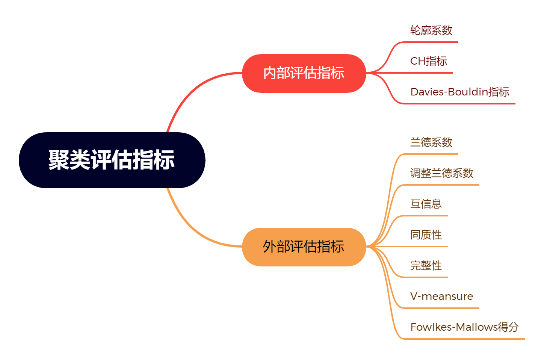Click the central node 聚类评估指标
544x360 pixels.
pos(112,160)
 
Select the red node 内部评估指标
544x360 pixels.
pos(304,73)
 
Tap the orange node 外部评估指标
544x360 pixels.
pos(304,247)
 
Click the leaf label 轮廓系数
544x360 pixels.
pos(431,30)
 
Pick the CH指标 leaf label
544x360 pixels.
pos(428,61)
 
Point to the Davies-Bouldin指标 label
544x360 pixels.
pos(459,92)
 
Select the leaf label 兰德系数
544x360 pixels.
pos(431,142)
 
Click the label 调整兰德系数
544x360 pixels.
pos(441,173)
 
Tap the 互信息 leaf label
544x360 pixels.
pos(426,204)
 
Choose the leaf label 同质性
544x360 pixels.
pos(426,235)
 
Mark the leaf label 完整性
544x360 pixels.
pos(426,266)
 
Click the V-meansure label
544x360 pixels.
pos(441,296)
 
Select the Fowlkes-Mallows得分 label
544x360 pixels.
pos(464,327)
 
